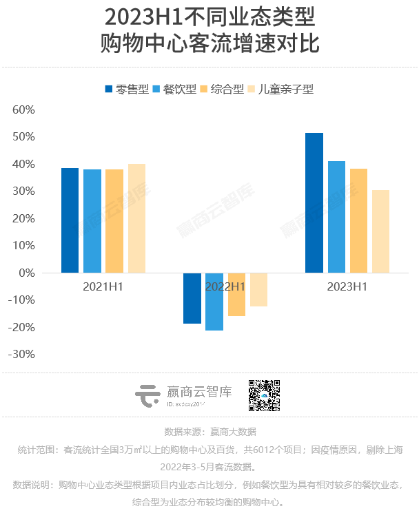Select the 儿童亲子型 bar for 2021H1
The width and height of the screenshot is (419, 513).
tap(136, 218)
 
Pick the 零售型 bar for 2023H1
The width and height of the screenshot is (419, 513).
tap(314, 203)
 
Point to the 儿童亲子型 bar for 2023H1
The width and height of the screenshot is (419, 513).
tap(380, 231)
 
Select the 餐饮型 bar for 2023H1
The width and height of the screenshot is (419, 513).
tap(336, 217)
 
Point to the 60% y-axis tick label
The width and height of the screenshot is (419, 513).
tap(23, 110)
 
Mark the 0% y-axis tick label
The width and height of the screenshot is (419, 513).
tap(26, 273)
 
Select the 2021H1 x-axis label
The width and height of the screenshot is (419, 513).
tap(103, 286)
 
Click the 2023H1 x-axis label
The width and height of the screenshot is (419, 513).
tap(347, 286)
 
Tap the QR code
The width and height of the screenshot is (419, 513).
tap(265, 395)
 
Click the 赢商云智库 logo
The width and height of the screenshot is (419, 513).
tap(183, 396)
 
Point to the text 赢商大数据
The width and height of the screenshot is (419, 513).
tap(233, 432)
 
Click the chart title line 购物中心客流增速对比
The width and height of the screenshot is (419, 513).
tap(209, 43)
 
